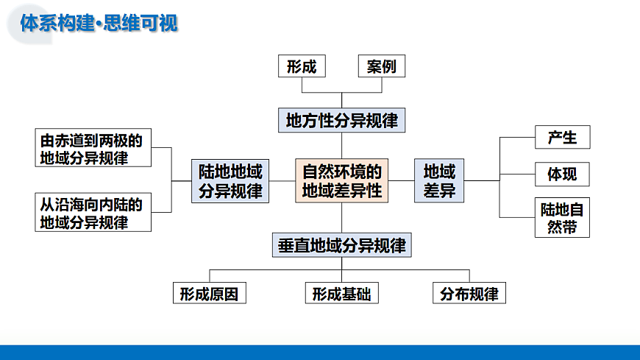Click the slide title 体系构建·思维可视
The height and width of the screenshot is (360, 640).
[x=99, y=24]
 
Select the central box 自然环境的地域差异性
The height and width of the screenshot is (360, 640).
[x=342, y=181]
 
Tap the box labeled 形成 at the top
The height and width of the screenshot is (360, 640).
[x=302, y=66]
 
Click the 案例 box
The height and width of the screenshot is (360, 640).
[x=381, y=66]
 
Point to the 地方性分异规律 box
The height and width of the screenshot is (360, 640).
[x=342, y=120]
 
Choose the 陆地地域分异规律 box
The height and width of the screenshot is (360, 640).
[x=230, y=181]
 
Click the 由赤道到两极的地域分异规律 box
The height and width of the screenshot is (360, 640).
[x=93, y=148]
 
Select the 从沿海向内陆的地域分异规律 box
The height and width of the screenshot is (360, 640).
[x=93, y=213]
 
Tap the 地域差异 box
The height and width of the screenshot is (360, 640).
[x=439, y=181]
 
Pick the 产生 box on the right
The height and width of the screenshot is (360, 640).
[x=562, y=137]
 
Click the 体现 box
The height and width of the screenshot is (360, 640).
[x=562, y=174]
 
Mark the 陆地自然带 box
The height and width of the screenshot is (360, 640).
[x=562, y=218]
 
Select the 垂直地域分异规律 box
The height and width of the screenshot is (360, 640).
[x=342, y=245]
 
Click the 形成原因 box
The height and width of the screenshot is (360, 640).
[x=209, y=294]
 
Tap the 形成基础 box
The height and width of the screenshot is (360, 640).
[x=341, y=294]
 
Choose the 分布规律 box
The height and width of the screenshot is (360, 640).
[x=469, y=294]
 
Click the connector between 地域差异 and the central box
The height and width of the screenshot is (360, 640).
[x=402, y=180]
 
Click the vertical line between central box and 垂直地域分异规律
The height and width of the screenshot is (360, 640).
[x=342, y=219]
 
